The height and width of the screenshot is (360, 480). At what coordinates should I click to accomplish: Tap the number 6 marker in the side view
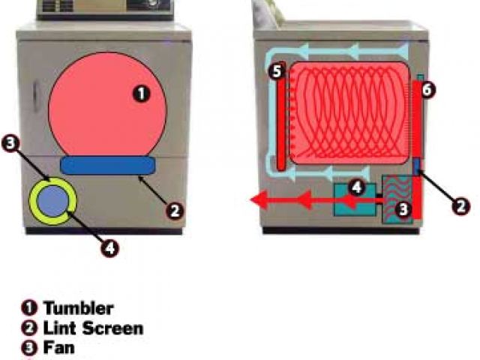click(427, 90)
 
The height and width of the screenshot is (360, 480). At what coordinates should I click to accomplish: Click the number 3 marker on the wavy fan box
click(403, 211)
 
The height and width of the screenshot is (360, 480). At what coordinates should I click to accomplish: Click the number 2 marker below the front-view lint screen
click(174, 211)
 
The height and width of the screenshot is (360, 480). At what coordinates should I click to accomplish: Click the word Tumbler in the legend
click(78, 307)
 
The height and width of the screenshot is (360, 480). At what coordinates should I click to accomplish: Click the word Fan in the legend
click(58, 347)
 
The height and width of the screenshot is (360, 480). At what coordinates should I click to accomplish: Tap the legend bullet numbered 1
click(31, 307)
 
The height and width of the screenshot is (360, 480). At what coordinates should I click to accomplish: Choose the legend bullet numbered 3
click(31, 347)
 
